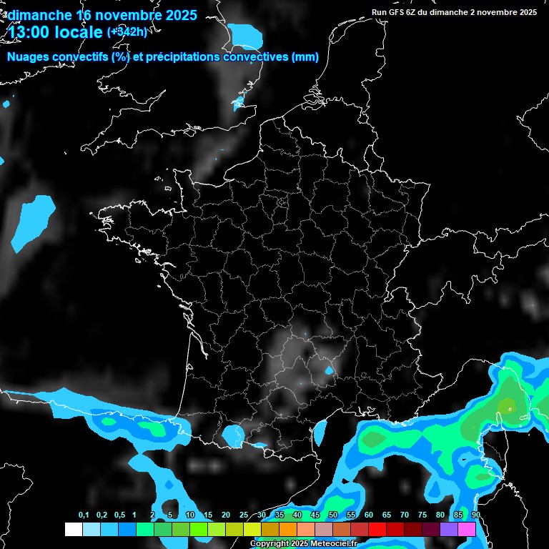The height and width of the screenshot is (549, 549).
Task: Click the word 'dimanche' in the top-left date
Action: tap(39, 15)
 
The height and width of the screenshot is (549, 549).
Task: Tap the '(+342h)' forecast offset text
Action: tap(127, 32)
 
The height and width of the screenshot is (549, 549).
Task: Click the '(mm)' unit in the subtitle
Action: tap(305, 57)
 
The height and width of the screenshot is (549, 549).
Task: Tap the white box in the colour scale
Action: tap(73, 530)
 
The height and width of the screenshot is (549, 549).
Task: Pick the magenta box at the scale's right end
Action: tap(467, 530)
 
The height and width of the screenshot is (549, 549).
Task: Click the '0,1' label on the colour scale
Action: tap(84, 515)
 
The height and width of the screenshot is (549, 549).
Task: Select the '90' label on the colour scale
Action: tap(475, 515)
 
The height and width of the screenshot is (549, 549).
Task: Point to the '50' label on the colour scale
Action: tap(333, 515)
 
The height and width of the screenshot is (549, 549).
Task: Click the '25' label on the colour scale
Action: tap(244, 515)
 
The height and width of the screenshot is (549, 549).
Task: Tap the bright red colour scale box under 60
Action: tap(377, 530)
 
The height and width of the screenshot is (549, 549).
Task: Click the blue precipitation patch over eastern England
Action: tap(246, 34)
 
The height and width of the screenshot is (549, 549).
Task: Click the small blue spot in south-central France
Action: tap(329, 370)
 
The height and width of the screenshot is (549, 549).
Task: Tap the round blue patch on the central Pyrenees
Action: tap(232, 434)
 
